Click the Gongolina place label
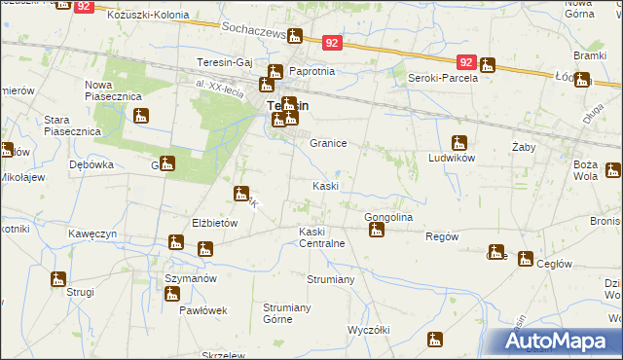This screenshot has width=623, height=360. [389, 217]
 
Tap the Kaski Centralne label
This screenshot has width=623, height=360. [322, 236]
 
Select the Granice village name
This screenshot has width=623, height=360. [328, 143]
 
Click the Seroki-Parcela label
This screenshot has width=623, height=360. [439, 79]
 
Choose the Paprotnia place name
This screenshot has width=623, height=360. [312, 71]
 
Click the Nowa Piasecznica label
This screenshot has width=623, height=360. [114, 90]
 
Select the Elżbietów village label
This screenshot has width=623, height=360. [215, 223]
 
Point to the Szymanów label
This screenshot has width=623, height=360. [189, 278]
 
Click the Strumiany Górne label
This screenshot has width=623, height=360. [284, 312]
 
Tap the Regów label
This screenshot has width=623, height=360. [442, 236]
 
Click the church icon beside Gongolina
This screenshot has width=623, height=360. [376, 231]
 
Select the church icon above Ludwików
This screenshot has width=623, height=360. [459, 141]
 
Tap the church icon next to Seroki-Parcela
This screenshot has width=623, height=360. [487, 66]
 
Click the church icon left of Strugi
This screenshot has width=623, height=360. [57, 279]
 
